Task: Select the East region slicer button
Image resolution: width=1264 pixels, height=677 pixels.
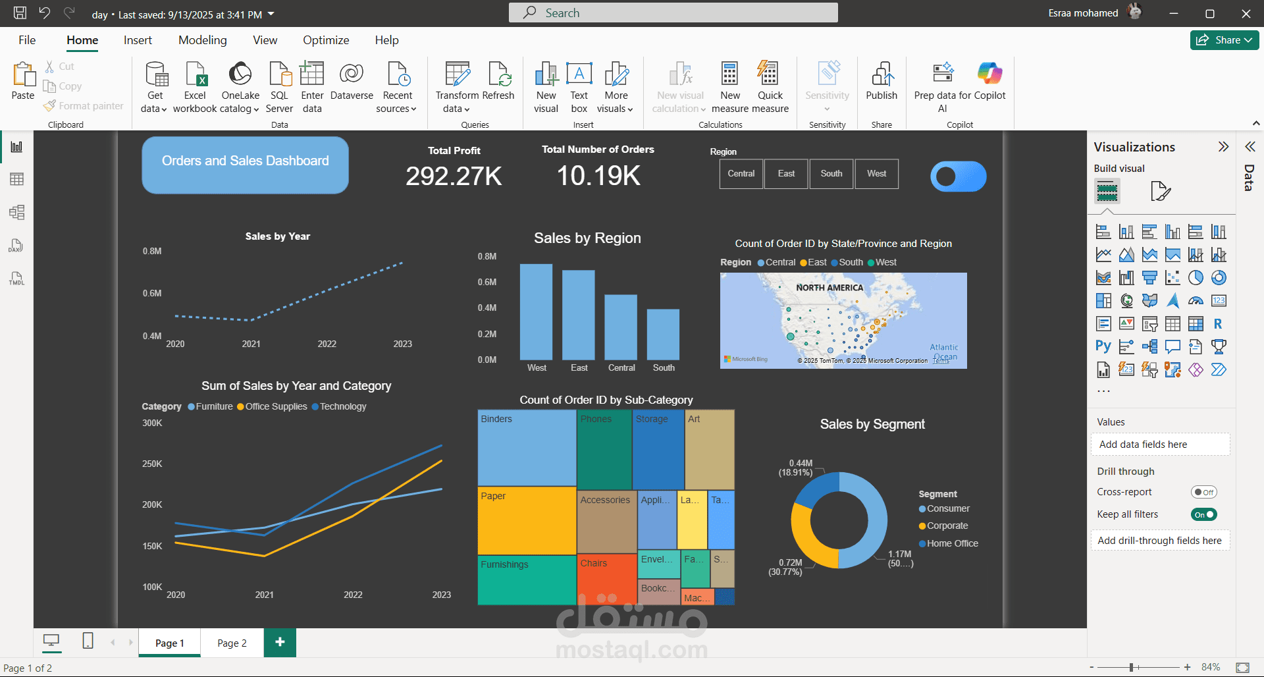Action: (786, 174)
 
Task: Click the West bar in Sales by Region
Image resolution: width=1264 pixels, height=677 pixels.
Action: (536, 311)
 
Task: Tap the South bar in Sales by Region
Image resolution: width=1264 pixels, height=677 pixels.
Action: (663, 334)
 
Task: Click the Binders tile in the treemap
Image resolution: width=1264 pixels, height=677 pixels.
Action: (527, 448)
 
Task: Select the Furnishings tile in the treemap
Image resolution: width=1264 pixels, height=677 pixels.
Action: (527, 580)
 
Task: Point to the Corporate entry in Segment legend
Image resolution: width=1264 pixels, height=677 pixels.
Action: (947, 526)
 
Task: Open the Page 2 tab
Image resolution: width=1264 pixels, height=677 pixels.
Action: (232, 643)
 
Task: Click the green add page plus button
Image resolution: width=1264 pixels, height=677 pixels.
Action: (280, 642)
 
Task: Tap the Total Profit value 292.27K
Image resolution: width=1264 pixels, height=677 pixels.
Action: (454, 176)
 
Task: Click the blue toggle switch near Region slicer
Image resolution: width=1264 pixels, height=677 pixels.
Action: (958, 176)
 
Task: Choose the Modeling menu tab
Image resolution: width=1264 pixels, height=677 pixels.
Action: (202, 40)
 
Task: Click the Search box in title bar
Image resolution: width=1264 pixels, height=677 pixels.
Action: (673, 13)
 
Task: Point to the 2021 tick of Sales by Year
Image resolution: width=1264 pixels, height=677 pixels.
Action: (251, 344)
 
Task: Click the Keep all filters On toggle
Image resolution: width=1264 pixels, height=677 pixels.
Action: (1203, 514)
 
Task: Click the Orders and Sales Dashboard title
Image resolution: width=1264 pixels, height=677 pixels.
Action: (245, 161)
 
